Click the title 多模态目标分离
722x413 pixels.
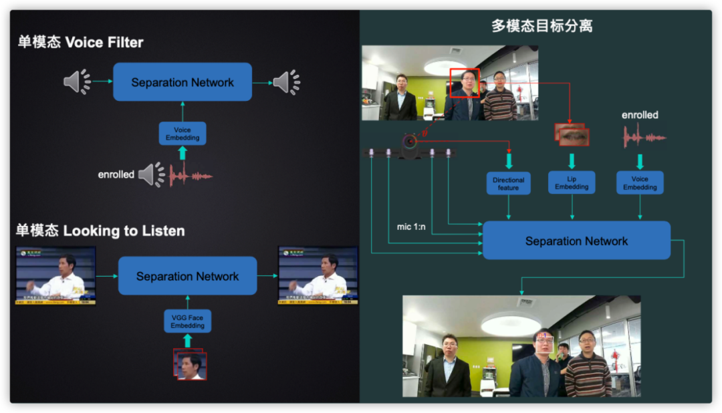[541, 26]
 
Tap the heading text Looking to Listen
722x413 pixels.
[124, 231]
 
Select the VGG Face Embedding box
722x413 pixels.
[187, 321]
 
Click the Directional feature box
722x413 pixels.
[508, 184]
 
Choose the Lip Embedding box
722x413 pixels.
[572, 183]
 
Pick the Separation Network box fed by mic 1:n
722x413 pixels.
[576, 241]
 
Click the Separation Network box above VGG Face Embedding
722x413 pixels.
[187, 276]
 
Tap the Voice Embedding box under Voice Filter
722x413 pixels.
[183, 134]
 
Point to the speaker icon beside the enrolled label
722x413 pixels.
[151, 174]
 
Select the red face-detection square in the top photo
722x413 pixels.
[465, 83]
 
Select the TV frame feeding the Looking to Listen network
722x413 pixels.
[56, 275]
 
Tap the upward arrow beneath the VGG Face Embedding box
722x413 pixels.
[187, 341]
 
